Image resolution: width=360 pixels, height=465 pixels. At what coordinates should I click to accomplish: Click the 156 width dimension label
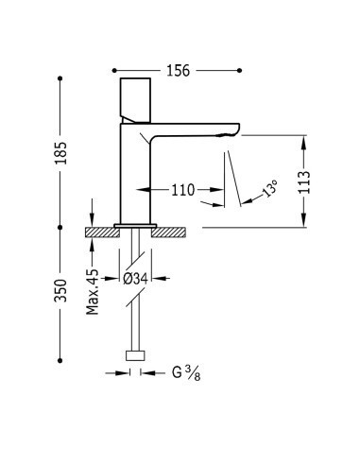click(x=179, y=71)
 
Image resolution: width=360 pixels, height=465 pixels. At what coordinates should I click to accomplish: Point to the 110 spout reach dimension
click(x=183, y=190)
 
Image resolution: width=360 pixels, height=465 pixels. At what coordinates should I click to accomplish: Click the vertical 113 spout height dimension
click(x=304, y=181)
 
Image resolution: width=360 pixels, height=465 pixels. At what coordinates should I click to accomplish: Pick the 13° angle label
click(x=269, y=188)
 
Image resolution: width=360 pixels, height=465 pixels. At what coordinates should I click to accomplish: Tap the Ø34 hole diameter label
click(x=135, y=279)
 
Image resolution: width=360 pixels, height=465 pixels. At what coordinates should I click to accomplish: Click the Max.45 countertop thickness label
click(x=93, y=292)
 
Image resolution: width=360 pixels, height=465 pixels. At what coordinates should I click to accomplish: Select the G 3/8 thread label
click(x=186, y=373)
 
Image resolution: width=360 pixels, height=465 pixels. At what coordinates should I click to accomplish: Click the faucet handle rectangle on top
click(x=135, y=100)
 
